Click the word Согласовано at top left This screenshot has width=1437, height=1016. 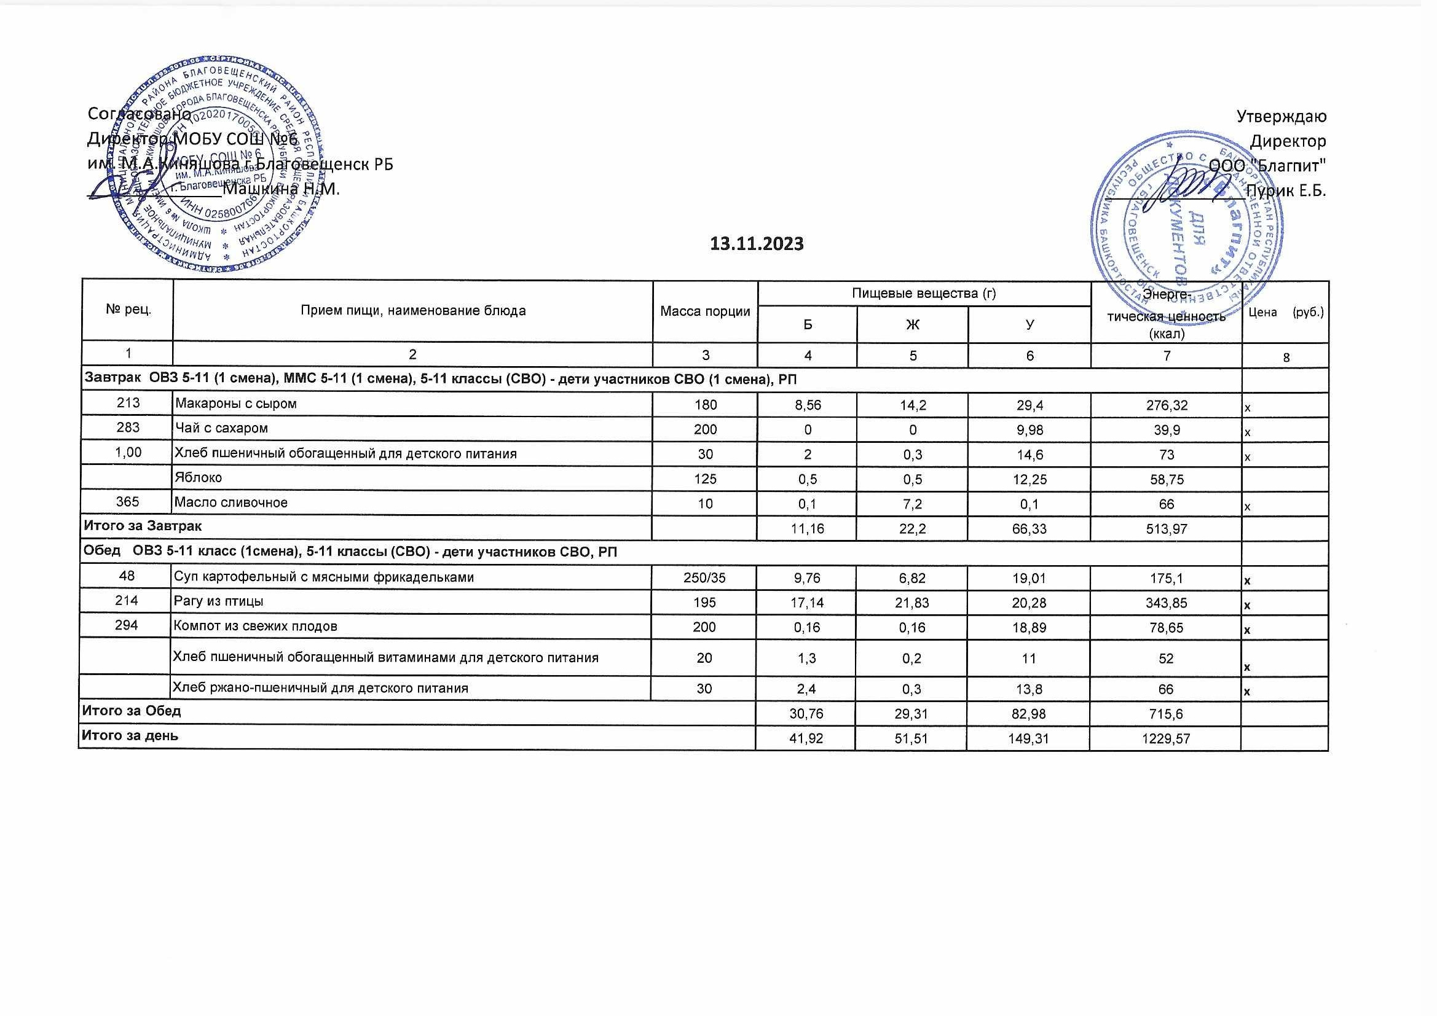pyautogui.click(x=139, y=114)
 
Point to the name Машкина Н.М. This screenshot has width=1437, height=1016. pyautogui.click(x=281, y=189)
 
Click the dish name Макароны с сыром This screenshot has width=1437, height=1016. pyautogui.click(x=236, y=404)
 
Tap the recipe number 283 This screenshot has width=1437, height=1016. pyautogui.click(x=128, y=428)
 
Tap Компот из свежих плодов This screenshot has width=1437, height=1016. pyautogui.click(x=255, y=626)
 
